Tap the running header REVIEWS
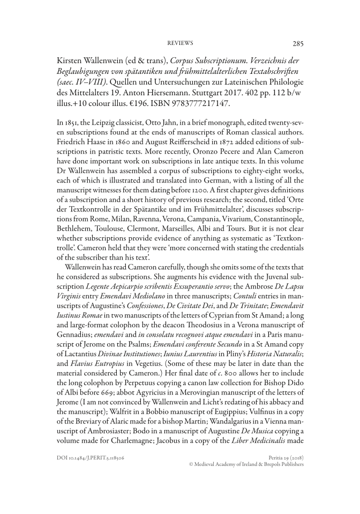[x=181, y=43]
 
